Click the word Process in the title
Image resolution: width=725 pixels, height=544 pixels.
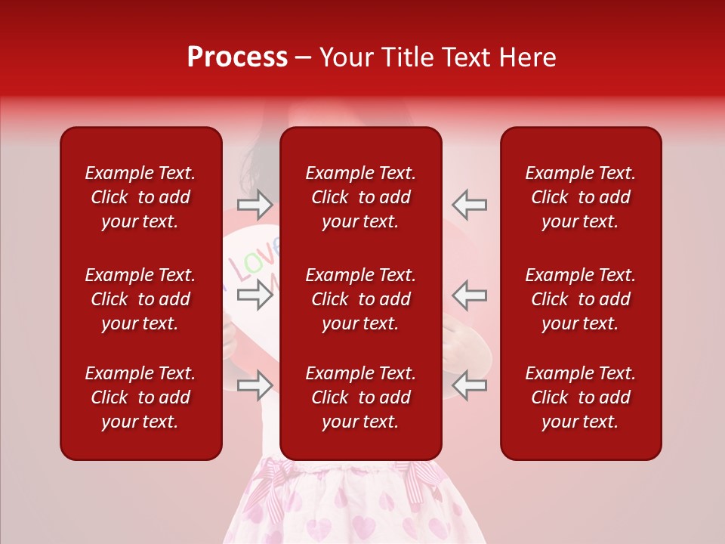point(237,57)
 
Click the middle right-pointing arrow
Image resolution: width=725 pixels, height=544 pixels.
point(255,295)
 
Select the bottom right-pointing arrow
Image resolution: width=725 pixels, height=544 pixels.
point(255,385)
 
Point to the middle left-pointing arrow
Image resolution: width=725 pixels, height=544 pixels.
point(469,295)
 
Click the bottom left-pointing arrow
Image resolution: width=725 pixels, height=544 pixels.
point(469,385)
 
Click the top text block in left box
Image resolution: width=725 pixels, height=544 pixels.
point(140,197)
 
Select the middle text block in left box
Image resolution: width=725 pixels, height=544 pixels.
point(140,299)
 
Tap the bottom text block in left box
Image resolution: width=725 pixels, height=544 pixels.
point(140,397)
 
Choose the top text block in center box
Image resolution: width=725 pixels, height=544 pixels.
point(360,197)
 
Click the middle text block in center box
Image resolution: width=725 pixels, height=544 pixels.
point(360,299)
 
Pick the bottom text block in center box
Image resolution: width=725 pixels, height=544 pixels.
point(360,397)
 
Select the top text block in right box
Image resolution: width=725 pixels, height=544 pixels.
point(580,197)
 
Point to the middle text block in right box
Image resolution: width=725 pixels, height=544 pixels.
point(580,299)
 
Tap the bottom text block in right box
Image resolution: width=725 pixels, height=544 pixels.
point(580,397)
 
